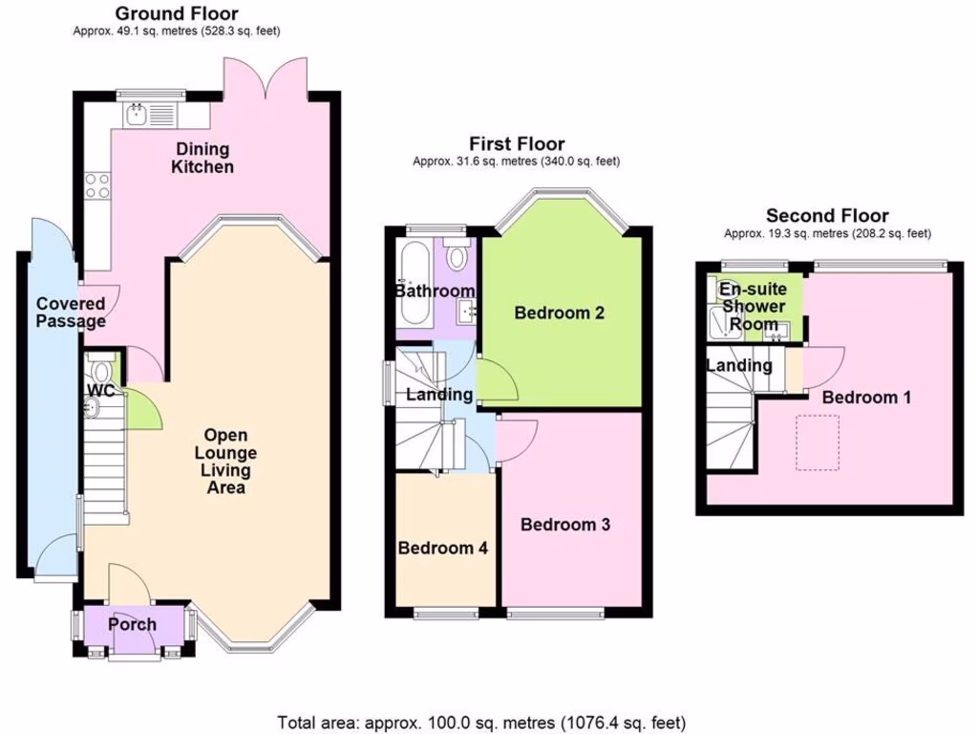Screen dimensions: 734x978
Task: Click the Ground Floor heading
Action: click(x=177, y=13)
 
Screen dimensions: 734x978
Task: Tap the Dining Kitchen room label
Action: click(x=202, y=158)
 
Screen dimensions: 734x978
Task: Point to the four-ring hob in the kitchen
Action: click(x=96, y=184)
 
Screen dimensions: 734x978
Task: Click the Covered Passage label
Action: click(x=71, y=313)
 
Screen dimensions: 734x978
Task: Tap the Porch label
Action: click(x=132, y=625)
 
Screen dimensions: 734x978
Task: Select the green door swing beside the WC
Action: click(x=144, y=409)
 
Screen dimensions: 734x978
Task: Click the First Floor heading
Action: click(x=516, y=144)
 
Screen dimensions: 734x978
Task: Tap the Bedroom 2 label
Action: click(x=560, y=313)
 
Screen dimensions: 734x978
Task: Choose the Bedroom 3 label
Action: click(x=565, y=525)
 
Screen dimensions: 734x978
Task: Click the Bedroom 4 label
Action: click(x=443, y=549)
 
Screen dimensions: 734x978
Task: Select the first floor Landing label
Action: click(x=439, y=395)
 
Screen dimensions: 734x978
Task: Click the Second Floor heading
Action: click(x=827, y=216)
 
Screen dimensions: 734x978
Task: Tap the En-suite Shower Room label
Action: click(x=753, y=307)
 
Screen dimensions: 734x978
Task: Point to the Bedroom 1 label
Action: click(x=866, y=397)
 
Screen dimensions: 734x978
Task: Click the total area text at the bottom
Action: click(x=481, y=723)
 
